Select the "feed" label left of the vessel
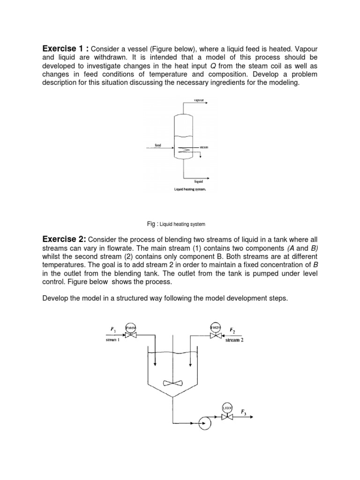point(158,145)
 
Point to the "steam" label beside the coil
point(204,147)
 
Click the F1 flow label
point(112,330)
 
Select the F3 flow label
point(244,412)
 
